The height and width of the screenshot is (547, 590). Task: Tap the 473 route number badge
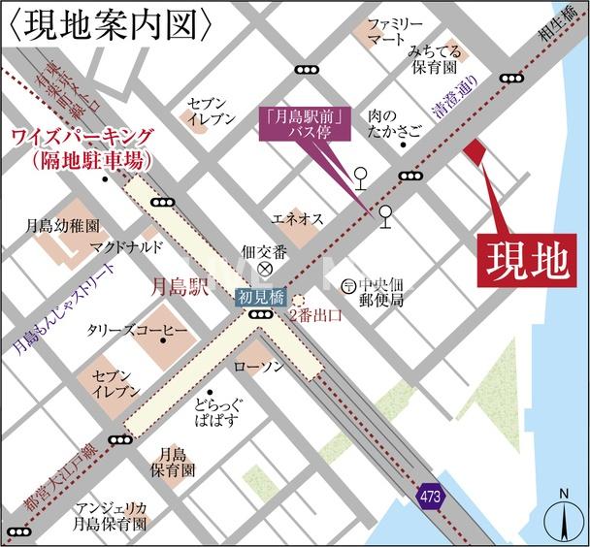[x=430, y=495]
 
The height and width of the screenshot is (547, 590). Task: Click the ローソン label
[x=259, y=367]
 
